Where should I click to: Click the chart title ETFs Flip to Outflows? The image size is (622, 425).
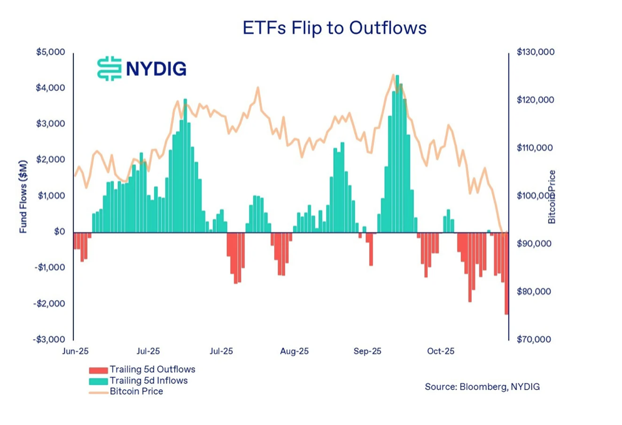(334, 28)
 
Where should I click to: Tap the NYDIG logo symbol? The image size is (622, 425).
(109, 68)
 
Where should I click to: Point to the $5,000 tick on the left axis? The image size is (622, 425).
(51, 52)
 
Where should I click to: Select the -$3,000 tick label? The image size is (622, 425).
(49, 340)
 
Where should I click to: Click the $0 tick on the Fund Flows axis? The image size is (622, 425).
(59, 232)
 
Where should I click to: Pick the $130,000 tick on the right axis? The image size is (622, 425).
(536, 52)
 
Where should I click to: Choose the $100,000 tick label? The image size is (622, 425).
(536, 196)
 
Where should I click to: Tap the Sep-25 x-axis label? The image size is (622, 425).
(368, 351)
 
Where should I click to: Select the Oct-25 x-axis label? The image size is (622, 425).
(440, 351)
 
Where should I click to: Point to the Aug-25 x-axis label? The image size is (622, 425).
(294, 351)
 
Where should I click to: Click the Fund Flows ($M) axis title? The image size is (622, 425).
(24, 196)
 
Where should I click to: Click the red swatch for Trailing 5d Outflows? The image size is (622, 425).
(98, 370)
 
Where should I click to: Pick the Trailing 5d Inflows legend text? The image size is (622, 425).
(148, 380)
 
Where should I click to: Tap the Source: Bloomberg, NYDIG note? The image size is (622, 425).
(482, 387)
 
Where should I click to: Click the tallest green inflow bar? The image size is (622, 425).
(397, 154)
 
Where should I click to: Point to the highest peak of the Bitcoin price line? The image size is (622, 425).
(393, 75)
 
